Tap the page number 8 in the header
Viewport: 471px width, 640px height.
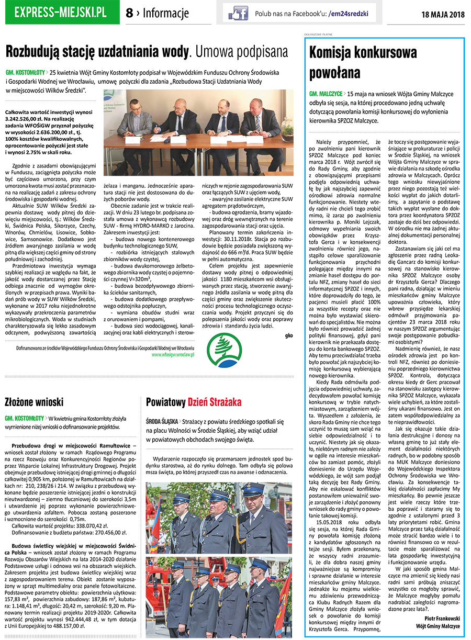(129, 13)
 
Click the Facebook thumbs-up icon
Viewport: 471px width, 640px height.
(238, 13)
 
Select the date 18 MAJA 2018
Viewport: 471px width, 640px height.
(443, 14)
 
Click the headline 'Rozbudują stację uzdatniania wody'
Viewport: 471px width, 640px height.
(97, 52)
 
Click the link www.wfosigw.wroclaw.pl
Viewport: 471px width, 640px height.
(173, 354)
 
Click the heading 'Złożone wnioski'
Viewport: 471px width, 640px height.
(34, 402)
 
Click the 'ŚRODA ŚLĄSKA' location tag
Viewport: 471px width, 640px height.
(161, 421)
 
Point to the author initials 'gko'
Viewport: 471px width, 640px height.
(289, 334)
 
